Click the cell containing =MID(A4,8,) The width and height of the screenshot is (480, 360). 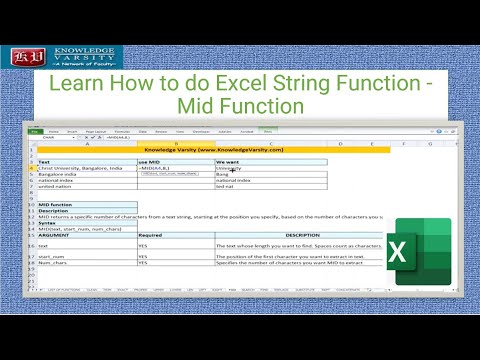(160, 168)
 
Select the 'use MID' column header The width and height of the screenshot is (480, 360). (150, 161)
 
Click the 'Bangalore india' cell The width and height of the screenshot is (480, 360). (60, 174)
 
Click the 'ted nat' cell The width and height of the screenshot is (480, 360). (226, 187)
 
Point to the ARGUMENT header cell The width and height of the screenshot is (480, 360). (60, 236)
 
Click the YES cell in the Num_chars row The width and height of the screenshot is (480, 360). (144, 263)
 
